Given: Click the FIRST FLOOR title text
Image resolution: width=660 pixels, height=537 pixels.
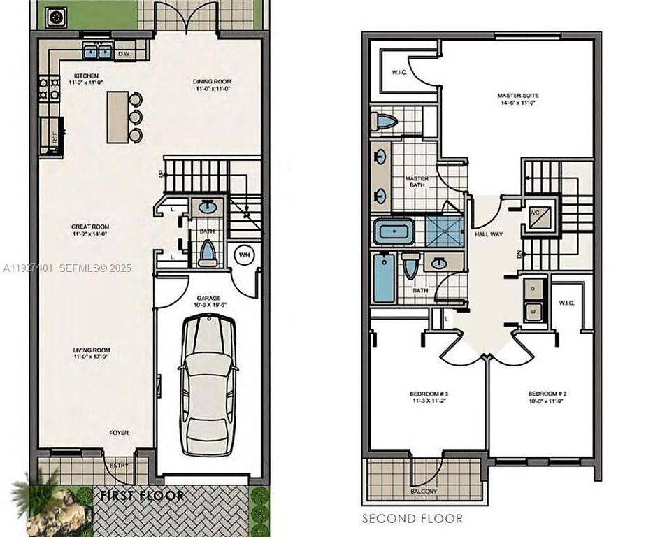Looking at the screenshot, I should tap(142, 496).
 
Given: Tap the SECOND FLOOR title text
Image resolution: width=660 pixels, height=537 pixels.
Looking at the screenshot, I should tap(412, 518).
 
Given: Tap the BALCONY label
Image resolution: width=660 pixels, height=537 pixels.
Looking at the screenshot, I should tap(424, 492).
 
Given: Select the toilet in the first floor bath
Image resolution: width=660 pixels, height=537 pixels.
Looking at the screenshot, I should tap(208, 252).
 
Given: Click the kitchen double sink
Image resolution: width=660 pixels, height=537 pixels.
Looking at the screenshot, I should tap(98, 51).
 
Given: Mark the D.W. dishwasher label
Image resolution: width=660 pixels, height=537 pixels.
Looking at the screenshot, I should tap(124, 53).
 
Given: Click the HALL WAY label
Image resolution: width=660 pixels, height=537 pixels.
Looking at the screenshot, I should tap(489, 234).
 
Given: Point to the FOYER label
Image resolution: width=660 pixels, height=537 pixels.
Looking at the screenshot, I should tap(119, 433).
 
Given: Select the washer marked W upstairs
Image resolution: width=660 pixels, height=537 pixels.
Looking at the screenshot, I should tap(535, 310).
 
